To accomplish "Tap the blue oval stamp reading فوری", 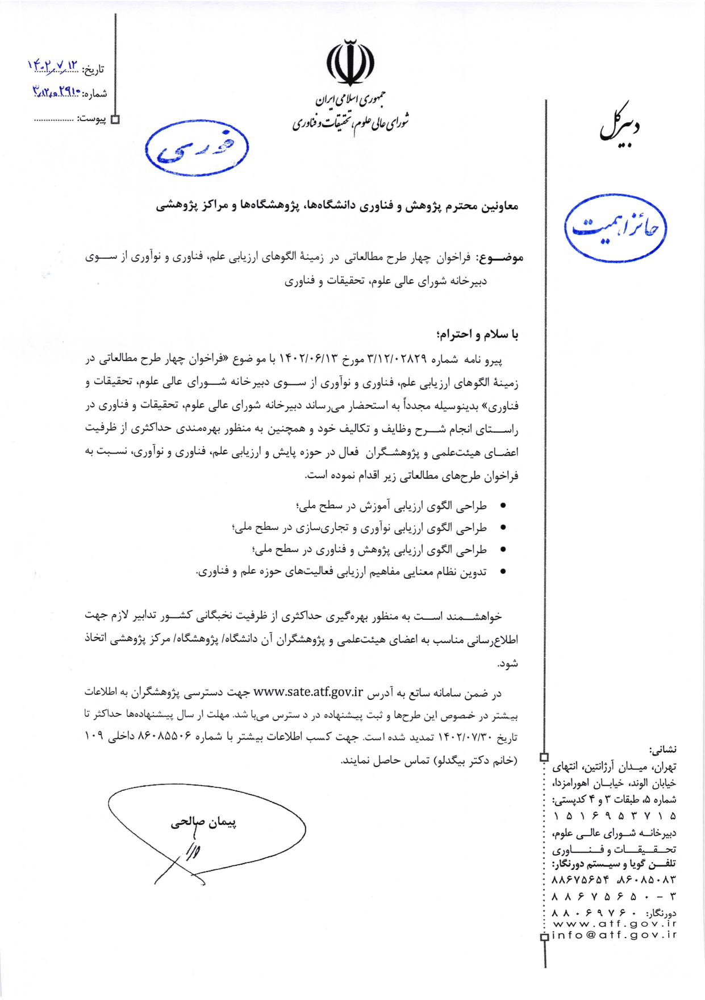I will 197,148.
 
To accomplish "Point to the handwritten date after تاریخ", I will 53,67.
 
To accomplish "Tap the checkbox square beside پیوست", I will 115,119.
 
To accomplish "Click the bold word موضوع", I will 500,258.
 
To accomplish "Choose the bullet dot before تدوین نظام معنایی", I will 502,572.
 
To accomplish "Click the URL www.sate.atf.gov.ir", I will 308,692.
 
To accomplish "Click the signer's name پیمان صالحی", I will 203,822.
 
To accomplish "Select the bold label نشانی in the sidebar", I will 663,750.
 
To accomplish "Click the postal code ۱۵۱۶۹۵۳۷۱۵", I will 614,816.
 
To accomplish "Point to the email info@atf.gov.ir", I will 614,935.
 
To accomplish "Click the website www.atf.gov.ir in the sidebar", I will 614,924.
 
